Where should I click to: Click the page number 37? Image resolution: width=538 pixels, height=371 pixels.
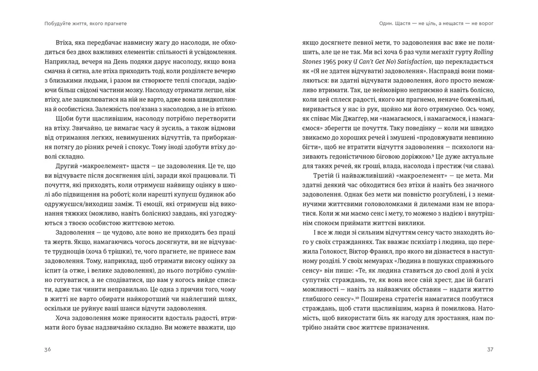[x=490, y=349]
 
